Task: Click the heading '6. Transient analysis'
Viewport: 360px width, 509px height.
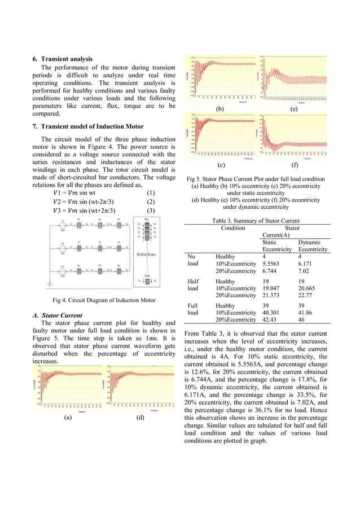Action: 63,59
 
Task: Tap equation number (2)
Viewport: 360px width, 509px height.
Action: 151,201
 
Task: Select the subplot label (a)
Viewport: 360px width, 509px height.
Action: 67,418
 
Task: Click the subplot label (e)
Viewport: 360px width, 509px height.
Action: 293,108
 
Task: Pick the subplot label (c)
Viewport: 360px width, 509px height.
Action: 221,166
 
